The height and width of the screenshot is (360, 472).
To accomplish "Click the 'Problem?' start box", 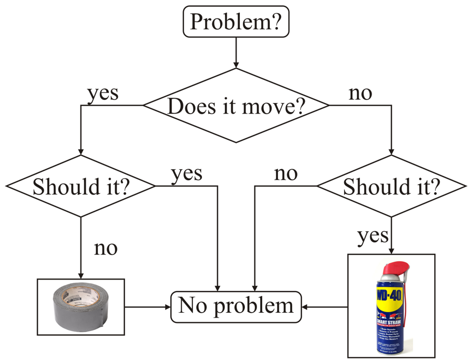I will (236, 22).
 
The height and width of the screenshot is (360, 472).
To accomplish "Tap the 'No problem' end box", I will (236, 306).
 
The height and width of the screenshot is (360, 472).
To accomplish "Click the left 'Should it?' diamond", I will (80, 186).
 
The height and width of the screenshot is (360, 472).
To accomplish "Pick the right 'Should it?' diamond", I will (391, 186).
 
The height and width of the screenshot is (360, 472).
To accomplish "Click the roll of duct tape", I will (80, 307).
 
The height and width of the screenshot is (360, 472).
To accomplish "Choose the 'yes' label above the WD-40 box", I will (373, 236).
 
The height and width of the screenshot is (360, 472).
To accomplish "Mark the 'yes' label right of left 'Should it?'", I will (187, 173).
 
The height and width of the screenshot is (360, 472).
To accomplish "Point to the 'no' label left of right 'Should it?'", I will (286, 173).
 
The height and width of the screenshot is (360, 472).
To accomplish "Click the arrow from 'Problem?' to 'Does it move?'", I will (236, 53).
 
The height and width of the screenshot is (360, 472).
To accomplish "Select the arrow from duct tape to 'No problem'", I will (148, 305).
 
